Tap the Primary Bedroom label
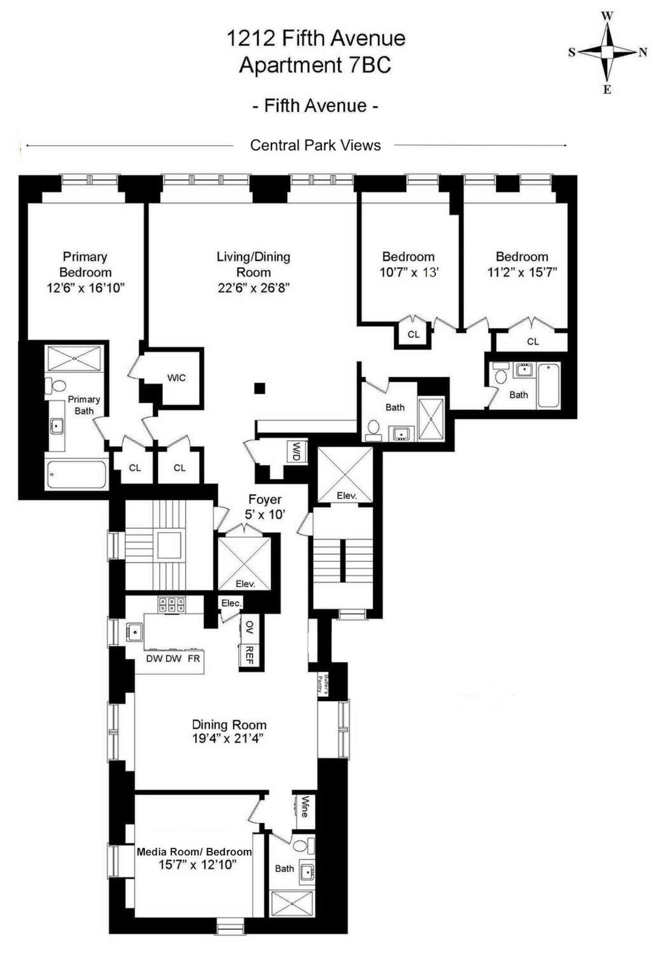click(x=85, y=264)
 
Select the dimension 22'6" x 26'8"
click(x=254, y=288)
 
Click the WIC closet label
click(x=176, y=378)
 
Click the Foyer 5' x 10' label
click(x=265, y=506)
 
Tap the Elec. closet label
click(x=231, y=603)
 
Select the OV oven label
click(x=249, y=627)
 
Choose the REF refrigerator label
click(x=249, y=655)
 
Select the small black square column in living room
click(x=259, y=389)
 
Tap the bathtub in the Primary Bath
click(x=76, y=474)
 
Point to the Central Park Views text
click(x=315, y=145)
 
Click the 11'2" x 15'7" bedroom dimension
click(x=522, y=272)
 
